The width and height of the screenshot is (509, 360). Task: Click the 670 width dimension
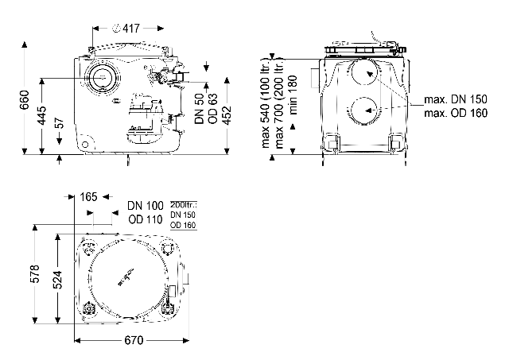133,341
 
